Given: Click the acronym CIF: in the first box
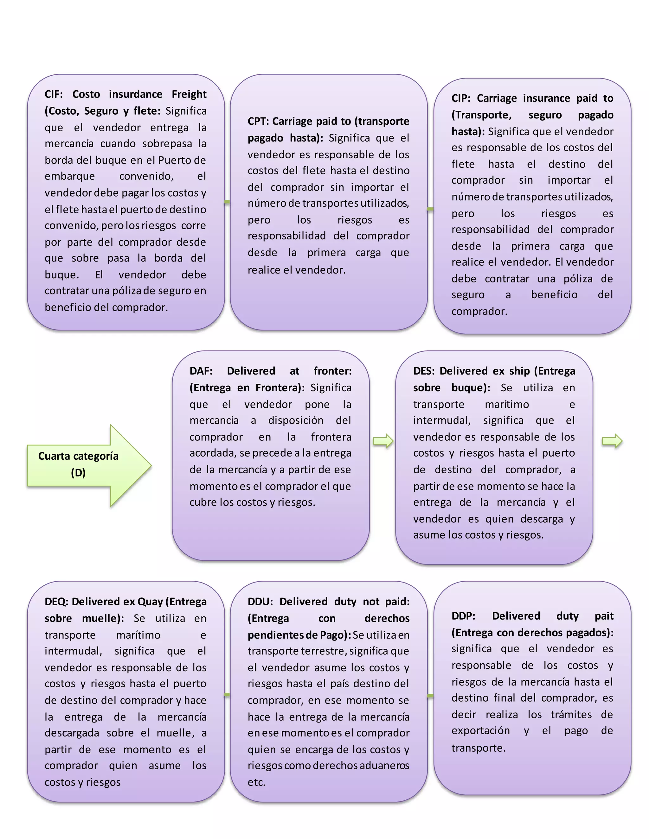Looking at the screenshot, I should [54, 94].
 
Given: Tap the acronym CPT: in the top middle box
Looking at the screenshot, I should [258, 121].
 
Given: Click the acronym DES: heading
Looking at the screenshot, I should [424, 371].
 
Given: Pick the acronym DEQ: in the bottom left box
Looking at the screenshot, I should [56, 602].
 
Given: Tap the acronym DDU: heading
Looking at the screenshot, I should [260, 602].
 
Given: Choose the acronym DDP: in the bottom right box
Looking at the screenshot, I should [463, 616].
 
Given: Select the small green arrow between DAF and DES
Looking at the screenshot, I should [383, 441].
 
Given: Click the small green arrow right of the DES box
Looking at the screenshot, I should [612, 441].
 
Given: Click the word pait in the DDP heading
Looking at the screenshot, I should [604, 616].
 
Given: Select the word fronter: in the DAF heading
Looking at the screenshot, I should [332, 371].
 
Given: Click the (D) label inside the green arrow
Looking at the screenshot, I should [78, 473].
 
